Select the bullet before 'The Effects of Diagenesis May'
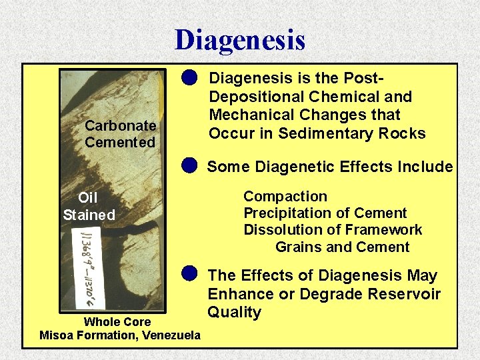[190, 273]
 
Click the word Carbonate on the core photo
[121, 125]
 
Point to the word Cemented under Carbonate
[120, 142]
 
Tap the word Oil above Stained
[88, 198]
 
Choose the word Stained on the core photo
[89, 215]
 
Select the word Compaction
[285, 197]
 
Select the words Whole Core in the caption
[117, 322]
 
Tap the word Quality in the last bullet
[234, 312]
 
